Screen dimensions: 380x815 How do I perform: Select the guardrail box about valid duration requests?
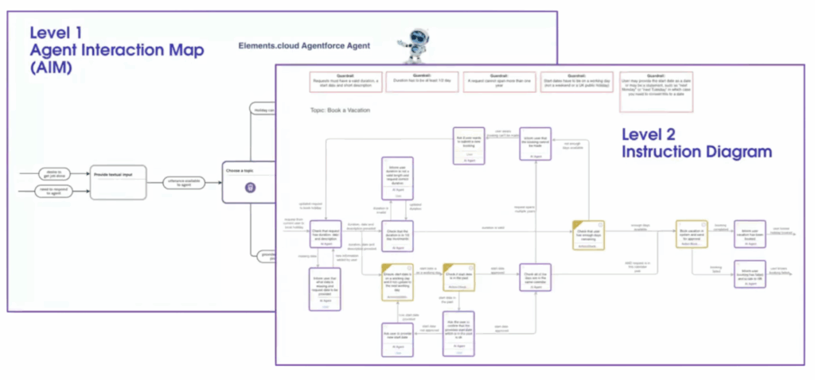(x=343, y=83)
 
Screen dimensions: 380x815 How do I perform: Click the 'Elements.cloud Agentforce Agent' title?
(x=303, y=47)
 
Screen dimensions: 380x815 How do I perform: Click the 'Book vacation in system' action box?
(x=691, y=234)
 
